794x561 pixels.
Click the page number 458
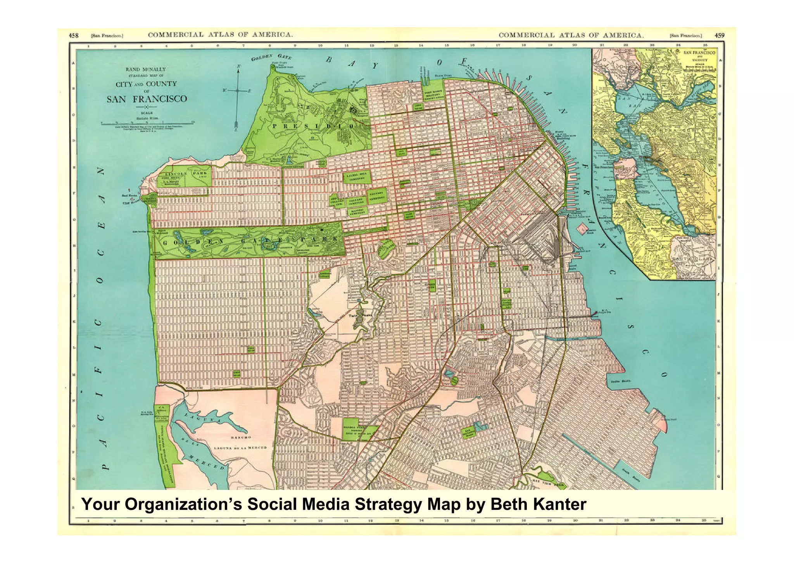(74, 35)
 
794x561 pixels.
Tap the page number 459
(719, 35)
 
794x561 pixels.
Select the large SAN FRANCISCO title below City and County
(147, 99)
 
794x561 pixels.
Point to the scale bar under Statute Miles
(147, 123)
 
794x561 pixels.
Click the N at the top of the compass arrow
(238, 66)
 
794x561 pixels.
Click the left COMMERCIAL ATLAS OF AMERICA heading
(220, 35)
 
